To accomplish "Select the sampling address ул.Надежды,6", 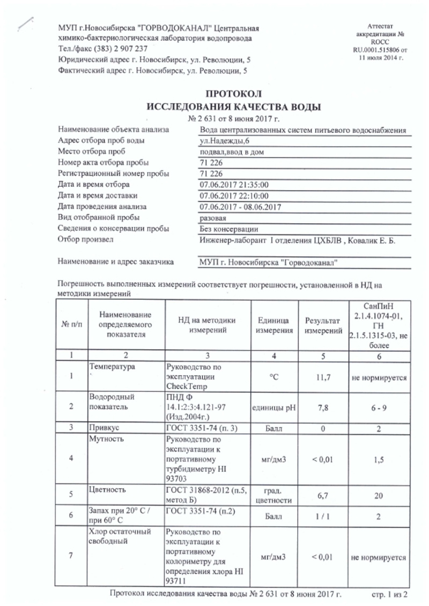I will point(221,141).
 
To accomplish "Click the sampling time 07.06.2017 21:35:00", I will point(233,185).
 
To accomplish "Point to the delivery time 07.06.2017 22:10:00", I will point(233,195).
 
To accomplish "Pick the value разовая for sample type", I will point(213,218).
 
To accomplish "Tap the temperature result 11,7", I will point(323,377).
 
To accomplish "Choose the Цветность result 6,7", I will point(323,496).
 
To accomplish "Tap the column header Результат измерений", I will point(323,325).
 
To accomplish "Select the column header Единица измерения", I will point(276,325).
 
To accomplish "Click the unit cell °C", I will point(276,377).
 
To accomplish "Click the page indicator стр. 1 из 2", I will point(390,594).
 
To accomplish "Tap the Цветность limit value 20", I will point(379,496).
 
